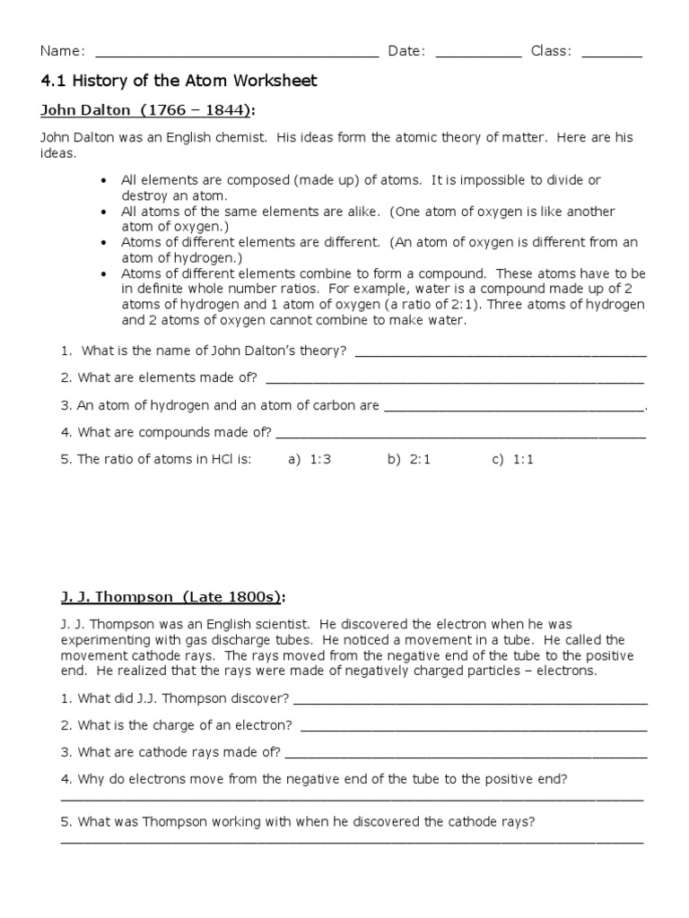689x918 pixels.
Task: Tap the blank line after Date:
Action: click(x=478, y=56)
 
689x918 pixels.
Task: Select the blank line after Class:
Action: click(x=612, y=56)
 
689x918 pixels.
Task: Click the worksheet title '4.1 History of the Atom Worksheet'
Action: click(x=179, y=82)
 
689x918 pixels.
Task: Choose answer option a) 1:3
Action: click(x=310, y=460)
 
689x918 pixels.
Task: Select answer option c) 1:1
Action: click(x=512, y=460)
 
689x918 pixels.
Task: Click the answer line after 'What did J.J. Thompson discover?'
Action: click(x=470, y=702)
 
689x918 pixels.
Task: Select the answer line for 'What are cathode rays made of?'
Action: click(x=466, y=756)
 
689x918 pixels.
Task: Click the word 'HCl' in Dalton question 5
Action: click(x=222, y=460)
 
